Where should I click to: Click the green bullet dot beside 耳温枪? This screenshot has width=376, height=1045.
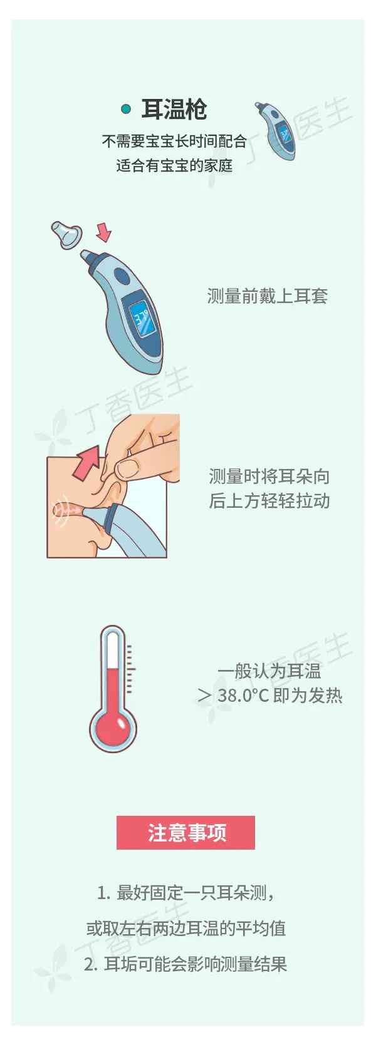(125, 109)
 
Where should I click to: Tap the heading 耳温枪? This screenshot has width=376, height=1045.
(174, 110)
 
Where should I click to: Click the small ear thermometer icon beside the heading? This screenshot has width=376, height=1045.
(276, 131)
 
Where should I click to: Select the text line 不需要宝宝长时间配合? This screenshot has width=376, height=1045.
(174, 141)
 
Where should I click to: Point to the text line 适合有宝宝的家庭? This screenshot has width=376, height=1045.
(174, 165)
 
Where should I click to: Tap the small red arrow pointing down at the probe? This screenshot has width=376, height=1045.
(103, 232)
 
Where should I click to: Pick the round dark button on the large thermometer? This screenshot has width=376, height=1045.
(123, 275)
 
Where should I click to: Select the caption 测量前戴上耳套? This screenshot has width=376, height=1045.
(267, 296)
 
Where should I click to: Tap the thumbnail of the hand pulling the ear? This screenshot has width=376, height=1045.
(113, 485)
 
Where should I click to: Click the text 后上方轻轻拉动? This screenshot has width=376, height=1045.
(269, 501)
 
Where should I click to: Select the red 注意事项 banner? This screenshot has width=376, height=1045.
(186, 832)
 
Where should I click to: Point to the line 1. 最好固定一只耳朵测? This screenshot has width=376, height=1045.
(185, 893)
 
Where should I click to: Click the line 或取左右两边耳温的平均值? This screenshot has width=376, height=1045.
(186, 928)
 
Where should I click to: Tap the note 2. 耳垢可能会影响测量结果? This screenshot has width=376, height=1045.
(185, 964)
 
